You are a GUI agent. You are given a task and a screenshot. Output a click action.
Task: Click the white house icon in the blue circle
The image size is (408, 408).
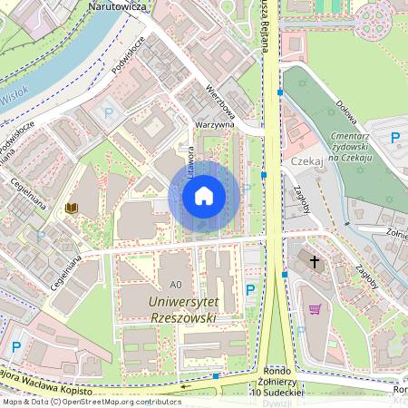204,195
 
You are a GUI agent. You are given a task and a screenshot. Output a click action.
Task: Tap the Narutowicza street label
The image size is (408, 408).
118,5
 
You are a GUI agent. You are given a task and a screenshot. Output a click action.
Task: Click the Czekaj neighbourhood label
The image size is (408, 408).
307,160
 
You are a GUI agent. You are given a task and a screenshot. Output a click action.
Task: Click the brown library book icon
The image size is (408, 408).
71,209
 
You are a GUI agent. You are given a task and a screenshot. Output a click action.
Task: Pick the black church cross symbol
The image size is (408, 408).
315,262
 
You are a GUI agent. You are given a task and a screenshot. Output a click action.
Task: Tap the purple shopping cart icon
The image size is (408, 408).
315,308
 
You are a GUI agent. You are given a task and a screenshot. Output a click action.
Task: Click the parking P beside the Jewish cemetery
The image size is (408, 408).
395,138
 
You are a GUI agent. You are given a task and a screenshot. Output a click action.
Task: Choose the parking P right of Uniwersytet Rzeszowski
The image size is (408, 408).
250,290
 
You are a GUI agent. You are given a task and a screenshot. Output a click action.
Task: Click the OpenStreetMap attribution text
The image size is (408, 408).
91,402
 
